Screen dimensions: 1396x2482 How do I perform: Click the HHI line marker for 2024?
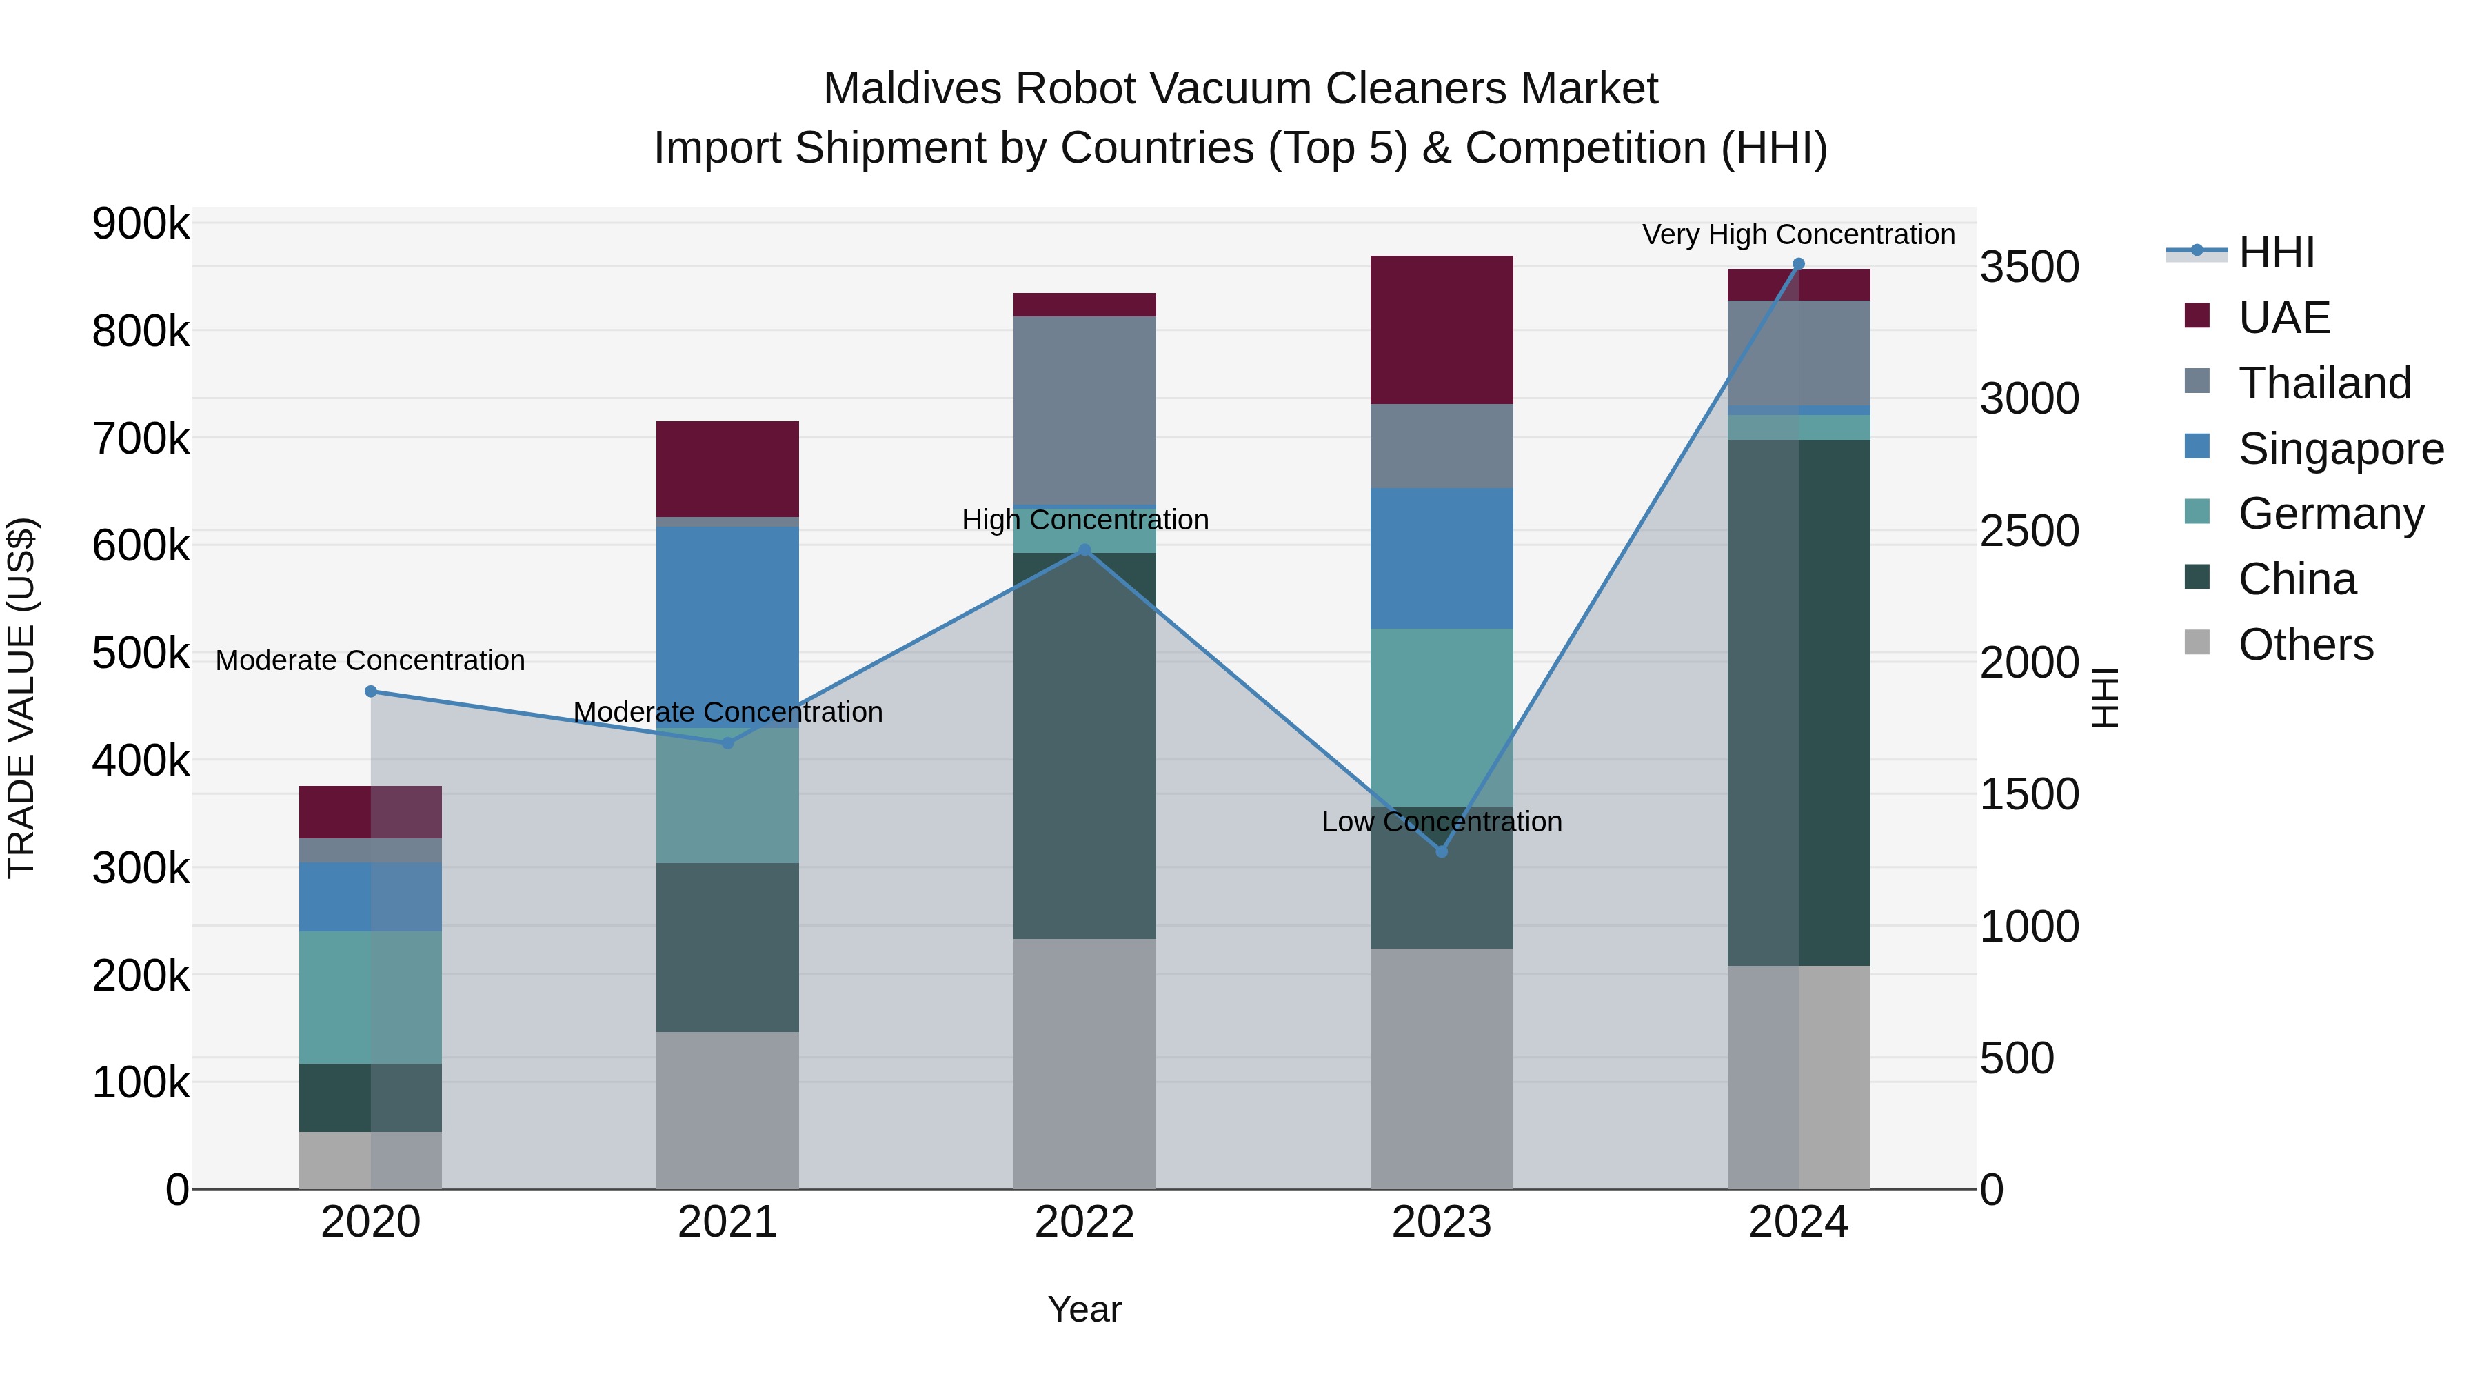[x=1798, y=264]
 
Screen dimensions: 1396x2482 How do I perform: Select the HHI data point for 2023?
[x=1442, y=851]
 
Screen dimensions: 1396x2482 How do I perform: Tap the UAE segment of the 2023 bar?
[x=1442, y=330]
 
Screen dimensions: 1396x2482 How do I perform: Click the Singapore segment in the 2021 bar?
[x=727, y=616]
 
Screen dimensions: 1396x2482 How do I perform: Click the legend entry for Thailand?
[x=2324, y=383]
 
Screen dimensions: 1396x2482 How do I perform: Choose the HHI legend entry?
[x=2276, y=252]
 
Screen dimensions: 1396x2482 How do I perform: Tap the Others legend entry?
[x=2305, y=645]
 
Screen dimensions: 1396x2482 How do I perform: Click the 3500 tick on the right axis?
[x=2029, y=268]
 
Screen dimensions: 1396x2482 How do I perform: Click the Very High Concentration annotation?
[x=1798, y=234]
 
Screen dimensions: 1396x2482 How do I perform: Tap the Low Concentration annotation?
[x=1442, y=822]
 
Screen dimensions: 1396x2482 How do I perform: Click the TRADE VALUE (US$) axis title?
[x=21, y=698]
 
